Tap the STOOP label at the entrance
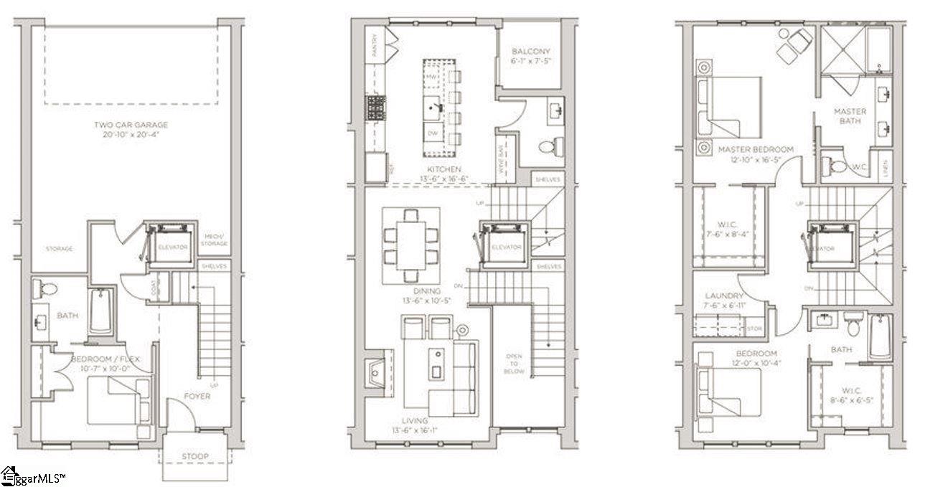click(x=194, y=456)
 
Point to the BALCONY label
click(x=530, y=52)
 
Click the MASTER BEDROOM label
click(x=756, y=149)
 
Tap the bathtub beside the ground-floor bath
click(x=101, y=310)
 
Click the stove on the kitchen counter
click(x=376, y=108)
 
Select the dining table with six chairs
click(x=410, y=245)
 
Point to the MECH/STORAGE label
click(x=215, y=240)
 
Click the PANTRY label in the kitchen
click(x=373, y=45)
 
